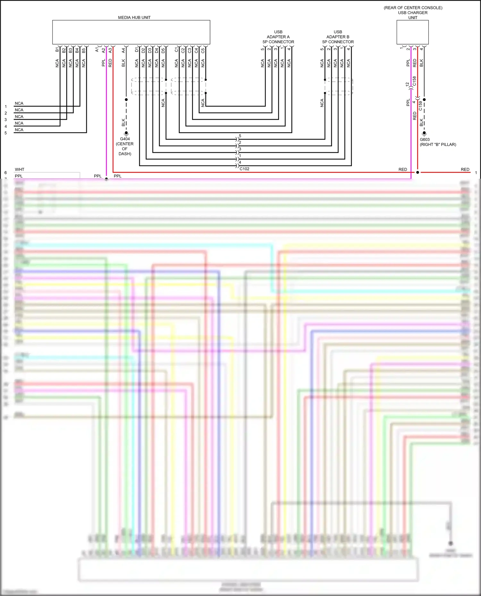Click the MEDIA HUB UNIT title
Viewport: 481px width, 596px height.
pos(134,18)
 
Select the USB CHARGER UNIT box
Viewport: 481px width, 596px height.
pos(412,32)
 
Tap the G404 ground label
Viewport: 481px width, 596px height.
pos(125,139)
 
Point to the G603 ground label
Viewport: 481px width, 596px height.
pos(425,140)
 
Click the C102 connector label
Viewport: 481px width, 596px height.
pos(244,169)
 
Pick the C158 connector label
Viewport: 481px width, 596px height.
pos(414,81)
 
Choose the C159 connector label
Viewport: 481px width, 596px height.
pos(420,106)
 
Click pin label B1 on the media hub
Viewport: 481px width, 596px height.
pos(57,50)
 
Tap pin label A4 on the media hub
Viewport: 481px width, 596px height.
pos(123,50)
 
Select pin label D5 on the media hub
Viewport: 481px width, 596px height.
pos(163,50)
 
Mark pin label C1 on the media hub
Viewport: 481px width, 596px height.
pos(176,50)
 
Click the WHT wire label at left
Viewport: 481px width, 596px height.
pos(20,169)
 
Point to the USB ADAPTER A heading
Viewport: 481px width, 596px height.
pos(278,37)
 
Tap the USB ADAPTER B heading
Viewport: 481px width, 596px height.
pos(338,37)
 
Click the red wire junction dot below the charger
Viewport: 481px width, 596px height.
pos(418,172)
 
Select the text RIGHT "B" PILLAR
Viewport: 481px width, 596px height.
pos(438,145)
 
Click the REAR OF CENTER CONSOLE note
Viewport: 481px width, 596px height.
pos(413,8)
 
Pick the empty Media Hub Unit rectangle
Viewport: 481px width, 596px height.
pos(131,32)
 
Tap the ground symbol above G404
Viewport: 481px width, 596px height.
pos(126,133)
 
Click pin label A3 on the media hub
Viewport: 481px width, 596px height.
pos(110,50)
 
